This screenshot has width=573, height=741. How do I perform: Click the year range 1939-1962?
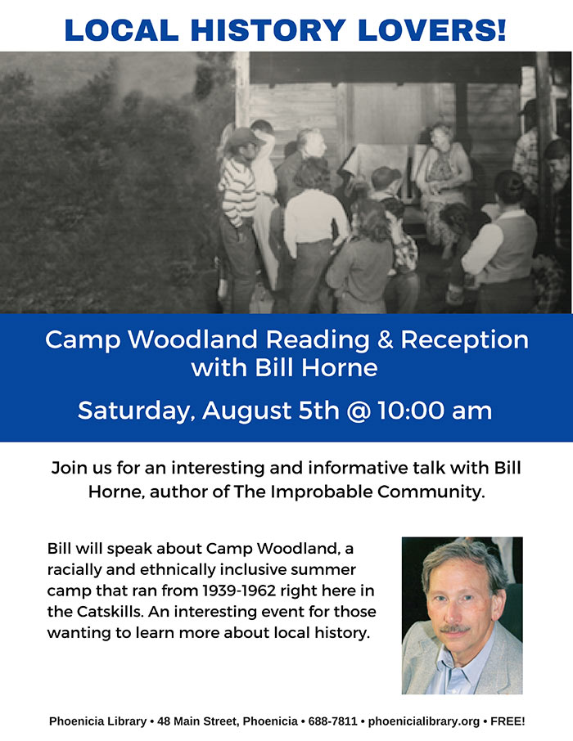[216, 590]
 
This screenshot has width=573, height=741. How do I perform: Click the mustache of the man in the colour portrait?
[454, 630]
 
